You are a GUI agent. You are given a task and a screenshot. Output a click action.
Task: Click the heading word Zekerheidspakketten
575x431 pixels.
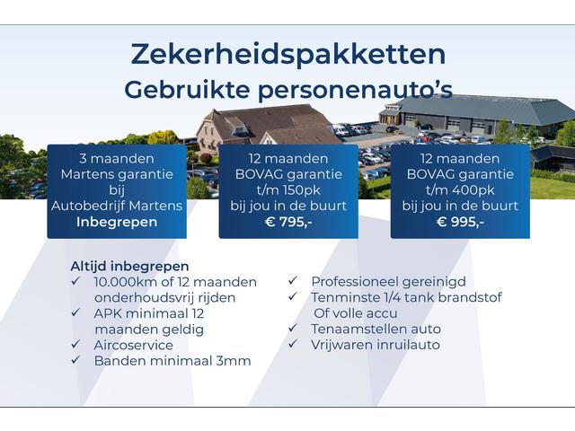(288, 55)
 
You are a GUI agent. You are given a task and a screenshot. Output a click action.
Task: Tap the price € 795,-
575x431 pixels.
(288, 222)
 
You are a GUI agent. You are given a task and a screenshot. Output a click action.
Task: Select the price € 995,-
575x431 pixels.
(460, 222)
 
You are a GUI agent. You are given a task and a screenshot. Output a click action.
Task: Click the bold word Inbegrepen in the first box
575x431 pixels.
(117, 222)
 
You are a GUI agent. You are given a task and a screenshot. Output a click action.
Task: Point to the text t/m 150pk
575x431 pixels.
(288, 189)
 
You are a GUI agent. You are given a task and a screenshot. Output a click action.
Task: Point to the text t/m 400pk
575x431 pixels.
(460, 189)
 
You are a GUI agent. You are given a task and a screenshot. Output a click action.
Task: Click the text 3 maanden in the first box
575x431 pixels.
(117, 158)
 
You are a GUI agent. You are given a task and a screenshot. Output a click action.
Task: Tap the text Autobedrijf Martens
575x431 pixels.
(117, 206)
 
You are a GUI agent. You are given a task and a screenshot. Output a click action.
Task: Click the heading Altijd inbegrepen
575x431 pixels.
(129, 266)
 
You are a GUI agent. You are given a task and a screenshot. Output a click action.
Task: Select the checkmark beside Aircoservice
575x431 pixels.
(75, 344)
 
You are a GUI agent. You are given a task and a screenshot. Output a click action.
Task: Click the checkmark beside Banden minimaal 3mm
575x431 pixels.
(75, 360)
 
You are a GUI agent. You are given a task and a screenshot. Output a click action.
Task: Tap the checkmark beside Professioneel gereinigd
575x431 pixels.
(293, 281)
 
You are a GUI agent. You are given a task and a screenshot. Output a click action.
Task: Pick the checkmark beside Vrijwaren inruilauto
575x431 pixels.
(293, 344)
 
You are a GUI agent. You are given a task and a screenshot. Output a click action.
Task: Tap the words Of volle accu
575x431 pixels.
(356, 313)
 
